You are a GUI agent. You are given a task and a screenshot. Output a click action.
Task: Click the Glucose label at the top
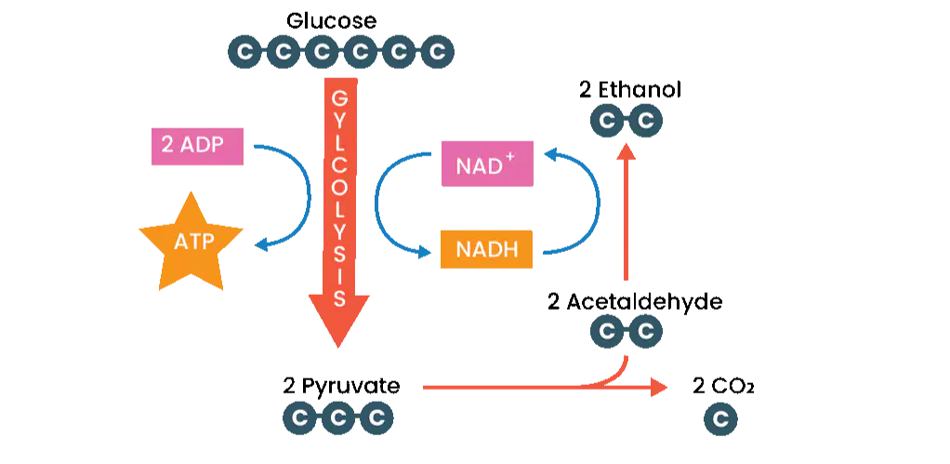[331, 21]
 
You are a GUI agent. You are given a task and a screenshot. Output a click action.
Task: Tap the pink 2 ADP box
[197, 146]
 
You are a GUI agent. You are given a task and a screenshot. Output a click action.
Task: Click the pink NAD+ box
[488, 164]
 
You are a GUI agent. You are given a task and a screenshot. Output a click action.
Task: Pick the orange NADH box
[486, 249]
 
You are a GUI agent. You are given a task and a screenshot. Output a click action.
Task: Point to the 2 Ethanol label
[630, 89]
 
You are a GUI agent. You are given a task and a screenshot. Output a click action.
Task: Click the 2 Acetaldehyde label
[634, 301]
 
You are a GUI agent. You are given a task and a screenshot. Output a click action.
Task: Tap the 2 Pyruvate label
[341, 386]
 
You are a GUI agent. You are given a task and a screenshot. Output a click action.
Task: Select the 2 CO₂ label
[723, 386]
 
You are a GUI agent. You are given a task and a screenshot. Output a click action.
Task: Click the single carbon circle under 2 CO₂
[721, 419]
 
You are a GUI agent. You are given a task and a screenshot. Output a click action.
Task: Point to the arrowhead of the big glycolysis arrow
[338, 321]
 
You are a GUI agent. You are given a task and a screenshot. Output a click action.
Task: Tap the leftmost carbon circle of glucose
[244, 52]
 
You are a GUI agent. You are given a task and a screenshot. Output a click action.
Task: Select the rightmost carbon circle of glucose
[437, 52]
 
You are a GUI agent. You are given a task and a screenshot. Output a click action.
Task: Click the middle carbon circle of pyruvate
[338, 418]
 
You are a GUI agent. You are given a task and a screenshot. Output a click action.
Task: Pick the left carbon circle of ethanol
[608, 121]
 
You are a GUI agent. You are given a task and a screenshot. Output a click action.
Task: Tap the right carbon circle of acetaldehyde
[646, 331]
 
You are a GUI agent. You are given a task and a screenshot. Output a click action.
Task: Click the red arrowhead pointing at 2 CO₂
[659, 386]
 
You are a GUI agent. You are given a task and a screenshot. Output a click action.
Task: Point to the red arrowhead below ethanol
[627, 152]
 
